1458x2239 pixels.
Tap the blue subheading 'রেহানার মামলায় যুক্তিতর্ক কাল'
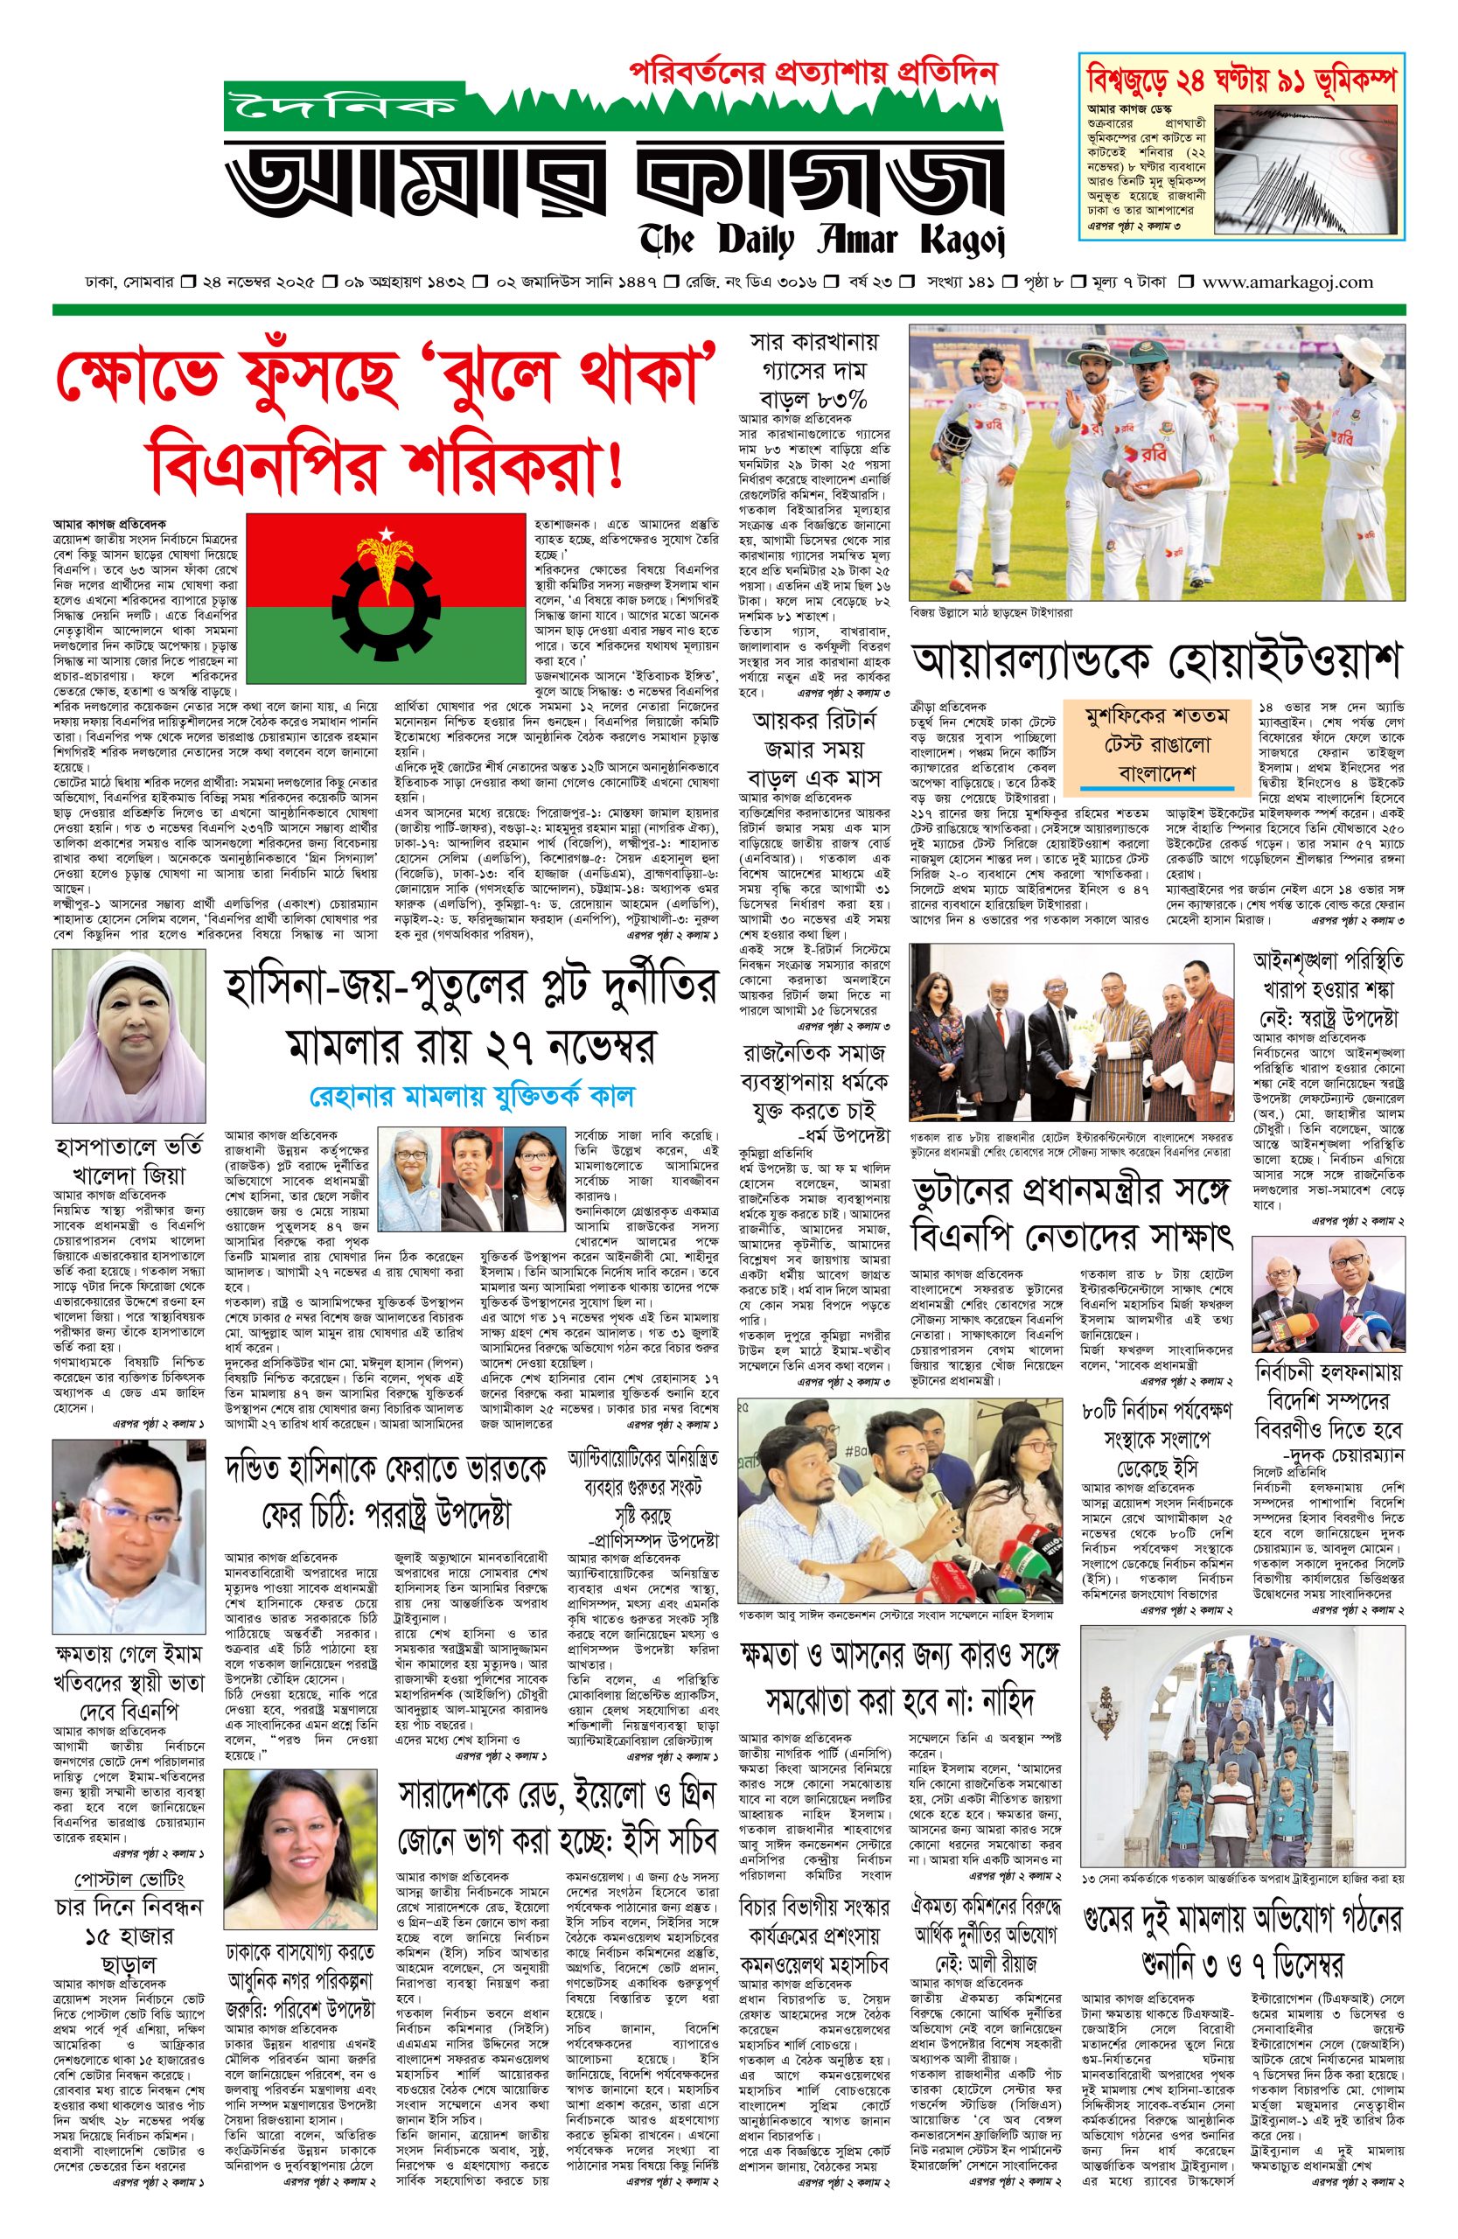[472, 1096]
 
